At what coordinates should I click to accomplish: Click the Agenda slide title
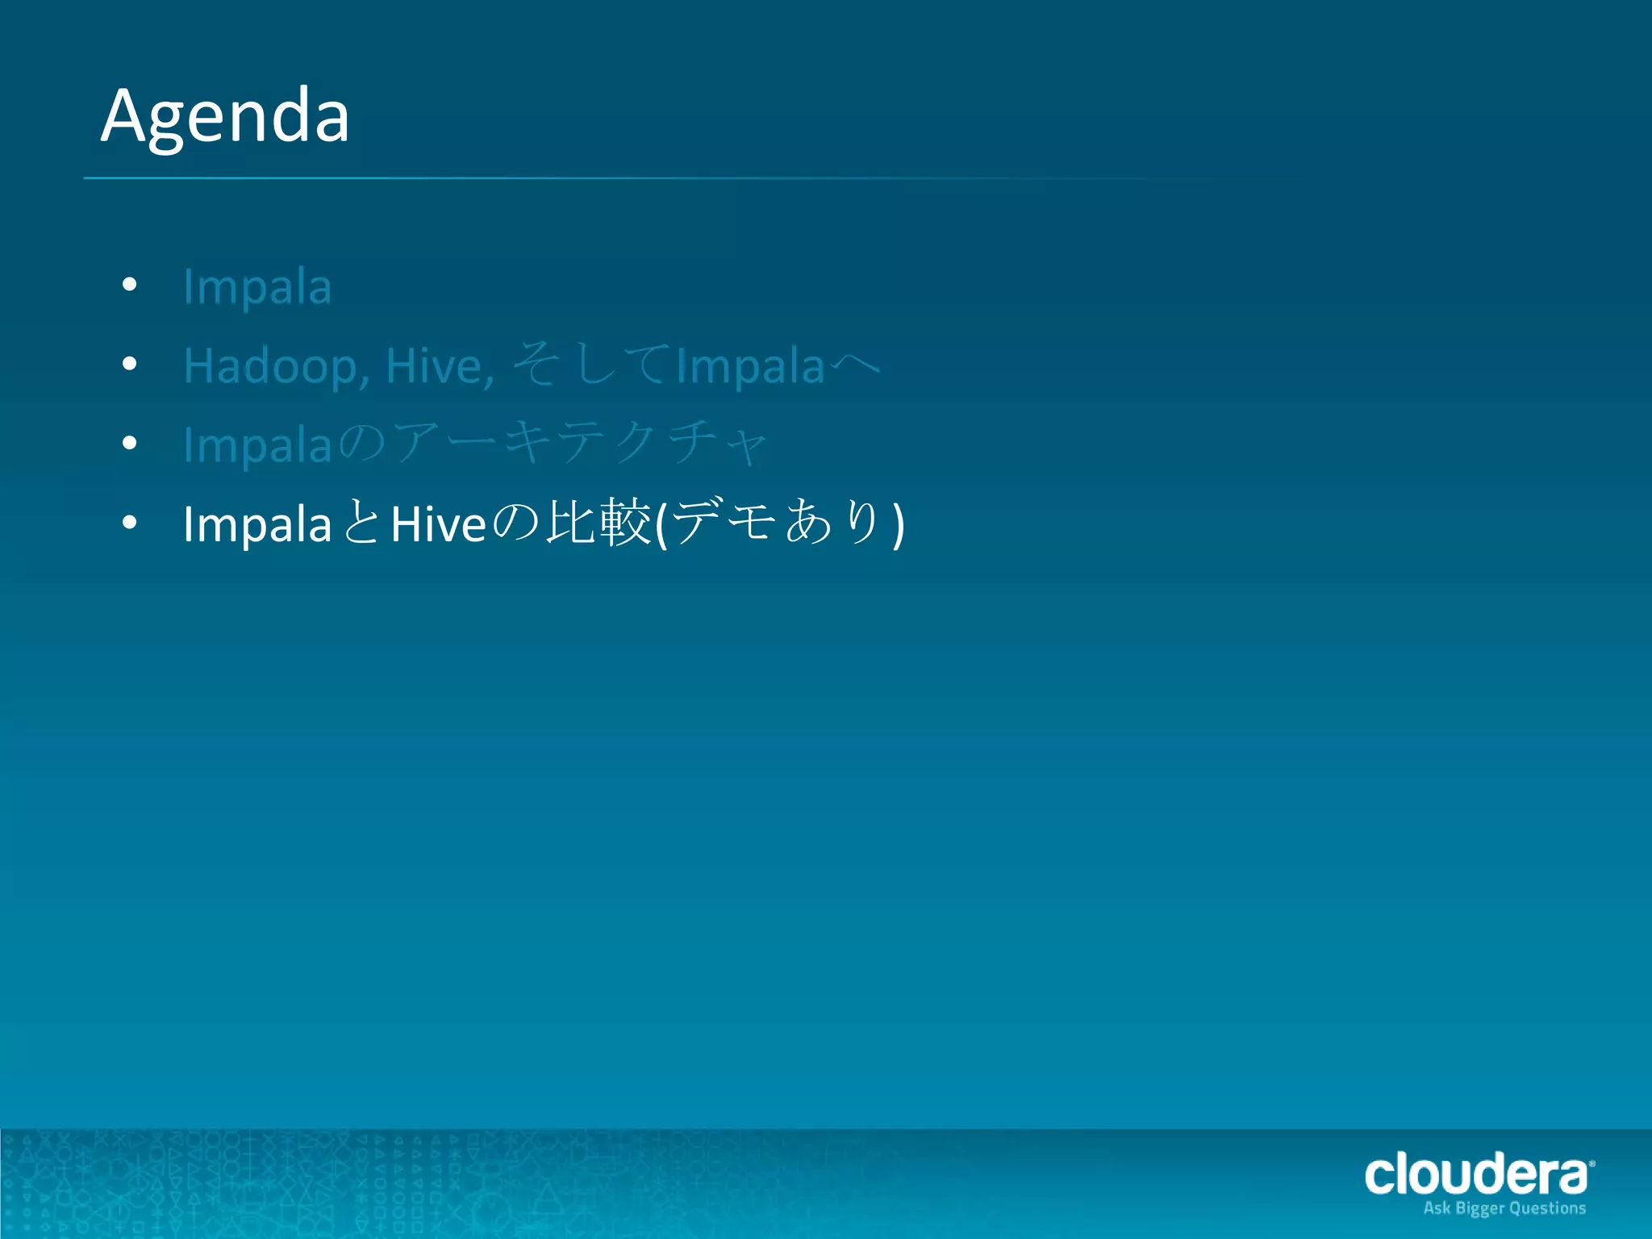(225, 117)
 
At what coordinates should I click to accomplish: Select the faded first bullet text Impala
(257, 286)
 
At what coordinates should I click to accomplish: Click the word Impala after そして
(750, 366)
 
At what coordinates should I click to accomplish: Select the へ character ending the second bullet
(854, 365)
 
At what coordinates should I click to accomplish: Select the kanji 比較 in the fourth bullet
(598, 523)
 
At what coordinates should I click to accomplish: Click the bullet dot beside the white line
(130, 523)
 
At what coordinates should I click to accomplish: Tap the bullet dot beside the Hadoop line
(130, 364)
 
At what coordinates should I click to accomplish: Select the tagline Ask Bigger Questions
(1504, 1208)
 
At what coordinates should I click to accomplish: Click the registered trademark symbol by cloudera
(1592, 1163)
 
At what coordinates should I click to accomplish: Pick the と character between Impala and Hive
(361, 523)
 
